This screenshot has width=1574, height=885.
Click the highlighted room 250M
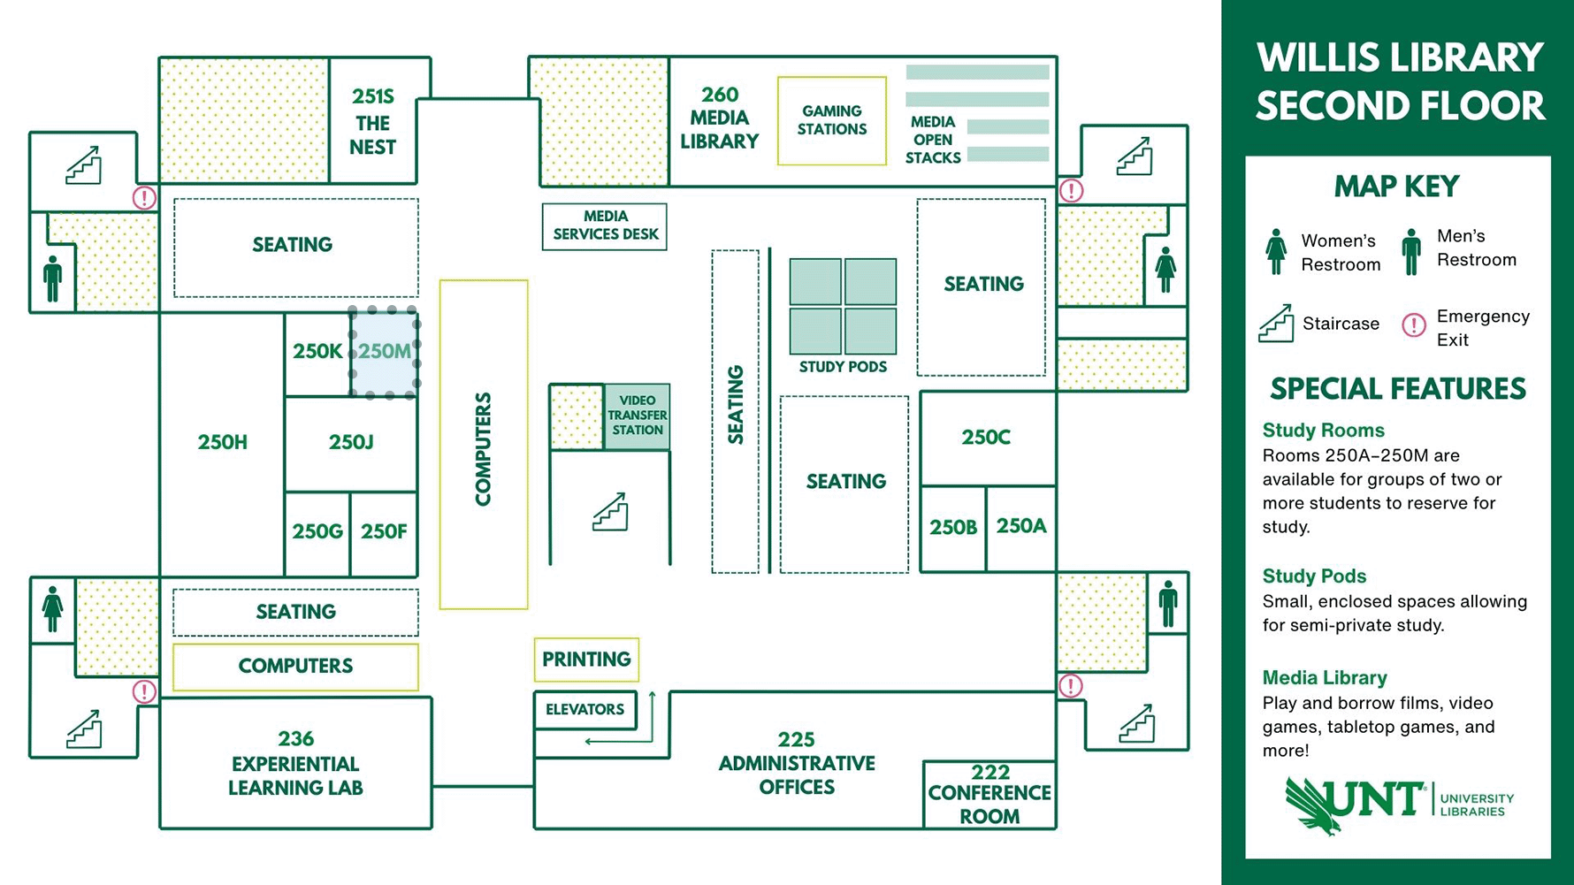[385, 353]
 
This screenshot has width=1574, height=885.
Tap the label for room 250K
[317, 351]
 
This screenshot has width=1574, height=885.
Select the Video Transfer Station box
[637, 416]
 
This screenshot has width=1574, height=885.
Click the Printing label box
[586, 660]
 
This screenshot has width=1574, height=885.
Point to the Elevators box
[585, 710]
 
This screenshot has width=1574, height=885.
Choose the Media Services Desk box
[605, 226]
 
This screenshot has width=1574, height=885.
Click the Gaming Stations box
[832, 120]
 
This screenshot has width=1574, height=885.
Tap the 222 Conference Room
[989, 794]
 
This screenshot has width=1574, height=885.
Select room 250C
[988, 438]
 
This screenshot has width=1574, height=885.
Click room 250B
[953, 528]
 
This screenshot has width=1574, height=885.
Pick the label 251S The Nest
[373, 121]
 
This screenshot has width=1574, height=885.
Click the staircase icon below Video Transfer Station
[610, 512]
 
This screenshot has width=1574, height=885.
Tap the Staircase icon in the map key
[1276, 323]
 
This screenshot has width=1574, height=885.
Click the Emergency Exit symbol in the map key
[1414, 325]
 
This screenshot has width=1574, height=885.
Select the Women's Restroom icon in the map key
[1276, 252]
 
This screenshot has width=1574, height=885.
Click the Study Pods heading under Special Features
[1314, 576]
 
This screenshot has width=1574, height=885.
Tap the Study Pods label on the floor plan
[843, 367]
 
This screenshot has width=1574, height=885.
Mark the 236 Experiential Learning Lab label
[295, 764]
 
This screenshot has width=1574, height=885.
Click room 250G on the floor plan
[317, 532]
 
